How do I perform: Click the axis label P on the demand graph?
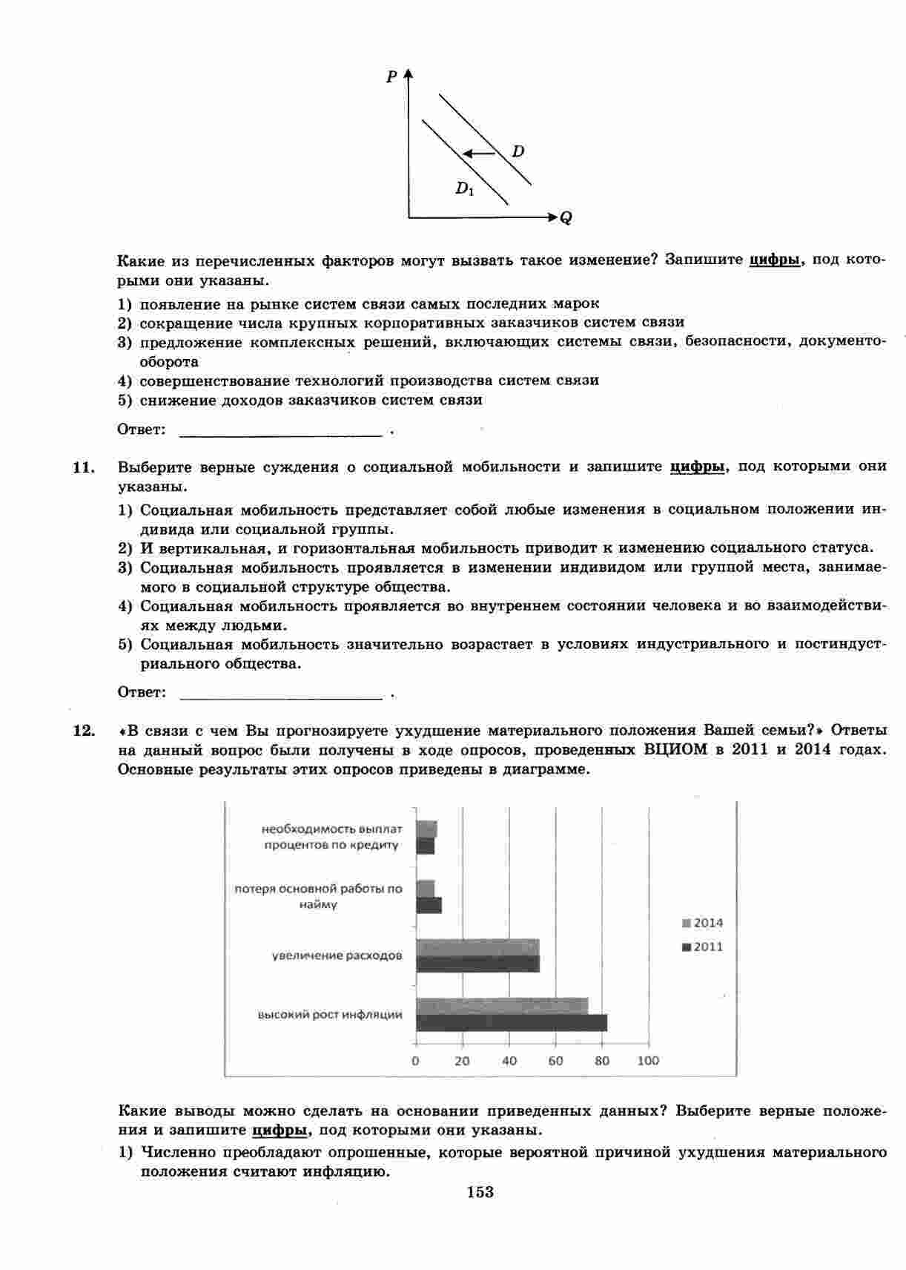point(391,76)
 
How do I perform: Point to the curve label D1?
point(464,188)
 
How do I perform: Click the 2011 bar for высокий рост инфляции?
point(511,1022)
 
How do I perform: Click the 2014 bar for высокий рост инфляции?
point(502,1006)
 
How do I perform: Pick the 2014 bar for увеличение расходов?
point(477,947)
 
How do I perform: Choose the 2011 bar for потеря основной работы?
point(429,905)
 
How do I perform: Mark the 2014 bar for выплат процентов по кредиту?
point(426,829)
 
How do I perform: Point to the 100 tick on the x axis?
point(648,1061)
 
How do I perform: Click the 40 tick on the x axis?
point(509,1061)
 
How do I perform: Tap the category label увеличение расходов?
point(337,955)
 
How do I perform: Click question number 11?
point(84,467)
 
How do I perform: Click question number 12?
point(84,730)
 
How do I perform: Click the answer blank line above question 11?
point(282,432)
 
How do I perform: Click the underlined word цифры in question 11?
point(697,467)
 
